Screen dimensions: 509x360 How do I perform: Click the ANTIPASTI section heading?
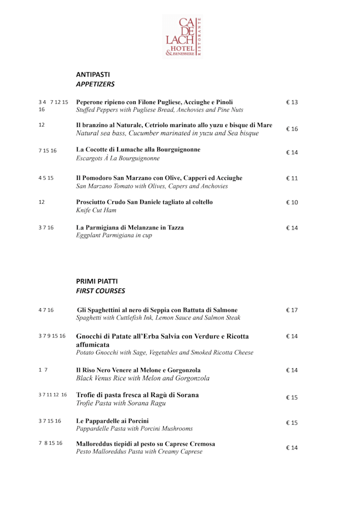pyautogui.click(x=93, y=74)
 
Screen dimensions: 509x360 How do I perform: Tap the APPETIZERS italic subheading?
pyautogui.click(x=95, y=84)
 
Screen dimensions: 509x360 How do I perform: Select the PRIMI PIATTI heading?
pyautogui.click(x=97, y=281)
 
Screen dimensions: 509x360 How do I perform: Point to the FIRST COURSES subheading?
pyautogui.click(x=100, y=291)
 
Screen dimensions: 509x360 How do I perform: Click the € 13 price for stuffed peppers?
pyautogui.click(x=292, y=102)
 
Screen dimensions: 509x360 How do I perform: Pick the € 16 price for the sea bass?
pyautogui.click(x=292, y=129)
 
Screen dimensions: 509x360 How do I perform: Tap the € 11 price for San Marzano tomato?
pyautogui.click(x=292, y=178)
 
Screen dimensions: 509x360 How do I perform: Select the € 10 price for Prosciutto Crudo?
pyautogui.click(x=292, y=202)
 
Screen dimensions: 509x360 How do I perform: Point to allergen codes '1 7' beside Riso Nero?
pyautogui.click(x=43, y=370)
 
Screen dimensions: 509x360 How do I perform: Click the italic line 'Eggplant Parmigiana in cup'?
pyautogui.click(x=114, y=236)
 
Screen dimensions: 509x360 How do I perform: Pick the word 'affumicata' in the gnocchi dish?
pyautogui.click(x=93, y=344)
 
